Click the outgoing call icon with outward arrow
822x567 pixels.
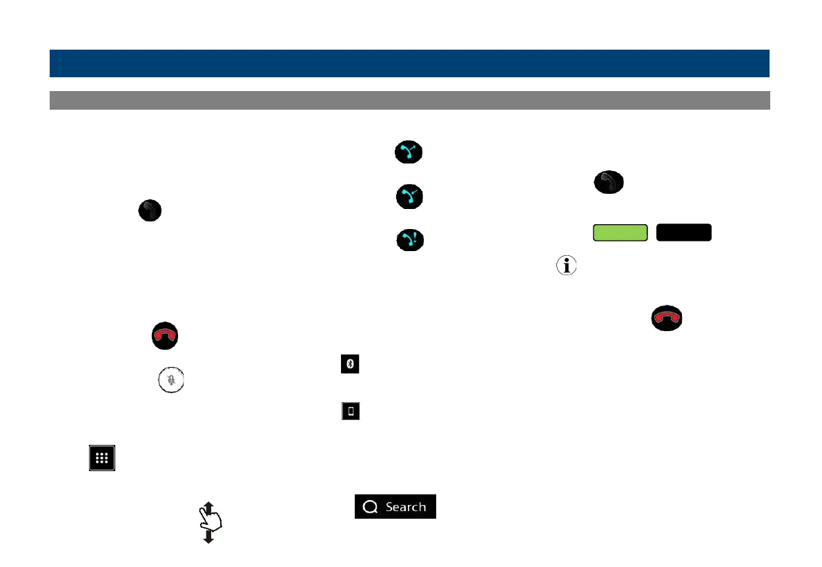tap(409, 152)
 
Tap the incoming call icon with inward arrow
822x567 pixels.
tap(409, 197)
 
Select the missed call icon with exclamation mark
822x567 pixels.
tap(409, 240)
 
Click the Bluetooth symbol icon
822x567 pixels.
tap(351, 365)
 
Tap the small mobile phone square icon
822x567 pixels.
tap(351, 412)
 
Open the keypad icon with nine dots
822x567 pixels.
tap(101, 459)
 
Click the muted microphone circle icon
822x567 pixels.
tap(172, 379)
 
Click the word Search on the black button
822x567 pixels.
tap(406, 507)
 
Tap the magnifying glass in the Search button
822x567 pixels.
tap(371, 507)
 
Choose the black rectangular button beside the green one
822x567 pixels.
tap(683, 232)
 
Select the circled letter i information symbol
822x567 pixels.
tap(566, 266)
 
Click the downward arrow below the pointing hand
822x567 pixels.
tap(208, 538)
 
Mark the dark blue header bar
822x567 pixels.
tap(409, 63)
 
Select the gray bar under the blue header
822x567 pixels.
tap(409, 100)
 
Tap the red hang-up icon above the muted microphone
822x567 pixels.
tap(165, 335)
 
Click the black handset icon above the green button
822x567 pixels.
tap(608, 183)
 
